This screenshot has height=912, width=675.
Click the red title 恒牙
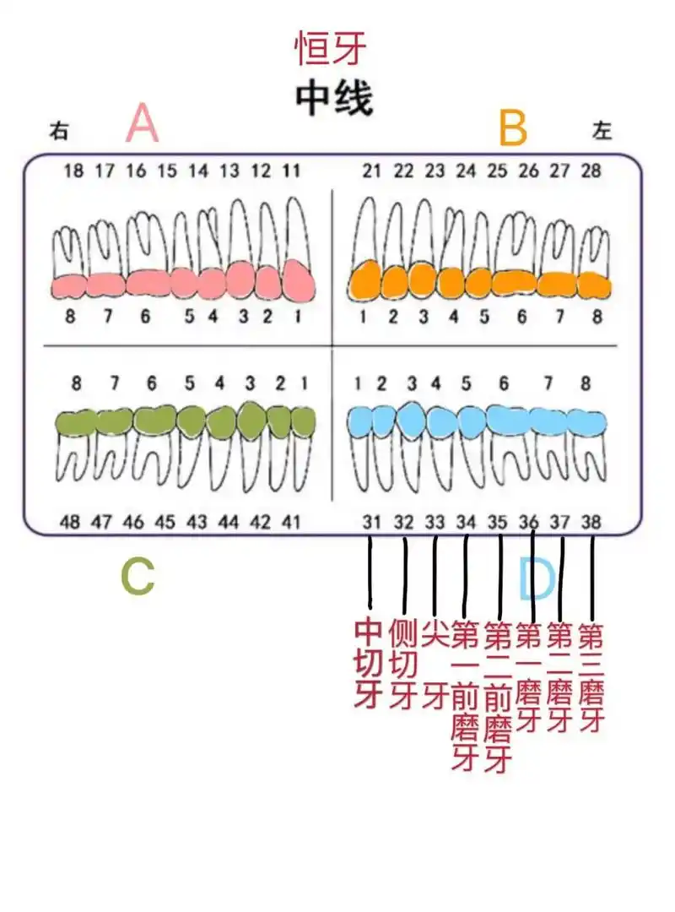331,48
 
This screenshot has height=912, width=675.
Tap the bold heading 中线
333,100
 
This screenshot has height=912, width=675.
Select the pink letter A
142,126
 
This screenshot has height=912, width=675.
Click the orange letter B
512,128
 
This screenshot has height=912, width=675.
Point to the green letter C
138,578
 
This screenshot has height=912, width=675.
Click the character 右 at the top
59,131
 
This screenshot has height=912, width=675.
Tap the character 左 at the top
602,130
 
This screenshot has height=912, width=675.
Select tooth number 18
74,171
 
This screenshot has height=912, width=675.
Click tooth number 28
591,171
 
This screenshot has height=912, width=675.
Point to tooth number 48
71,522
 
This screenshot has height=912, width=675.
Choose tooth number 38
591,522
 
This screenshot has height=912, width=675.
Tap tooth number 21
372,171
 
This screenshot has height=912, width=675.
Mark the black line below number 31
370,574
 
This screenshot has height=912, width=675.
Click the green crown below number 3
251,419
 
